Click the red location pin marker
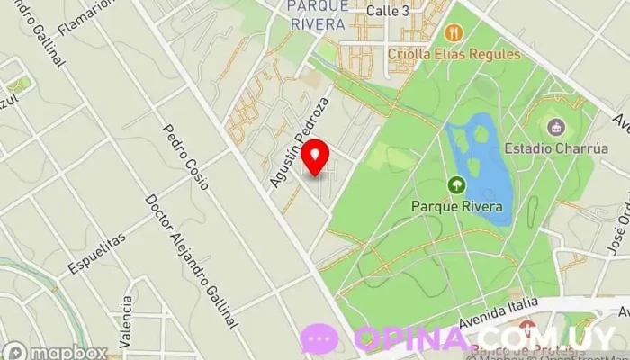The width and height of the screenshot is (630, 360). click(x=314, y=157)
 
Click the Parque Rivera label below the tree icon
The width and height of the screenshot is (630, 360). click(x=457, y=207)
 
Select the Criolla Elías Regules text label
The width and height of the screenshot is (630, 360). click(x=454, y=54)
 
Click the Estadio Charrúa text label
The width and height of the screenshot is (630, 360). click(x=556, y=148)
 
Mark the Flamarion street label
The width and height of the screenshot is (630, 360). click(x=88, y=17)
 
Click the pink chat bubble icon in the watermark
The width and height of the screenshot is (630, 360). click(x=319, y=339)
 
